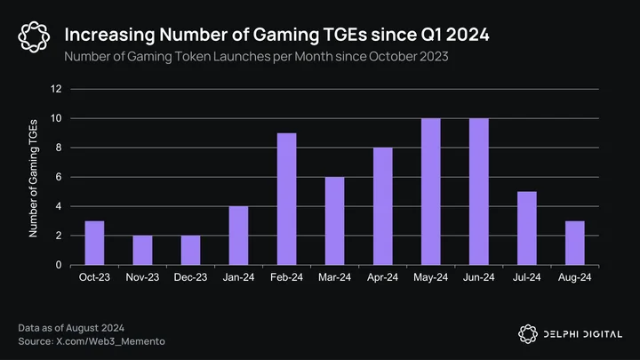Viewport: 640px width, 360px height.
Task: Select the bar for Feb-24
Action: (286, 199)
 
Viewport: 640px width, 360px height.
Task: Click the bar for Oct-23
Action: (94, 243)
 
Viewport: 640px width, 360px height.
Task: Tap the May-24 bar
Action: (430, 191)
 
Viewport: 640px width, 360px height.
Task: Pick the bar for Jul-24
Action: (526, 228)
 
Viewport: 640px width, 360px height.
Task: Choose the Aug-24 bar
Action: (575, 243)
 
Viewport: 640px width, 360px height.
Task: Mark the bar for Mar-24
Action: (335, 220)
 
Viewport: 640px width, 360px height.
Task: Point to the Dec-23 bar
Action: (190, 250)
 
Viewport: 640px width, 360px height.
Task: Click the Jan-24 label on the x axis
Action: (238, 277)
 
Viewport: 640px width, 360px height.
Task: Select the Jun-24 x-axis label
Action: (479, 277)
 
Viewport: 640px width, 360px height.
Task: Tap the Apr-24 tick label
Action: (382, 277)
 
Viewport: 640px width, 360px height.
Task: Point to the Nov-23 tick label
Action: (142, 277)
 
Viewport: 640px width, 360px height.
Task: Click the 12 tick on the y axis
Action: (56, 89)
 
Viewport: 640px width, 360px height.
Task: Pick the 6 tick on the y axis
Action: (59, 177)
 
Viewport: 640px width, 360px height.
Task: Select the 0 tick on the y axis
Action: (59, 265)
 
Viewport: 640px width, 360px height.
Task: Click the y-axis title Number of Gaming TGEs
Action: (33, 179)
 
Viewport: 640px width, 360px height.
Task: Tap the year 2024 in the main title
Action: (468, 35)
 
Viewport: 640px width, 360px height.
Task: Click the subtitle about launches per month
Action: (256, 56)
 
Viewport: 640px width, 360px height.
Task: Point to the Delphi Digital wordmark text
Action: (583, 334)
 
